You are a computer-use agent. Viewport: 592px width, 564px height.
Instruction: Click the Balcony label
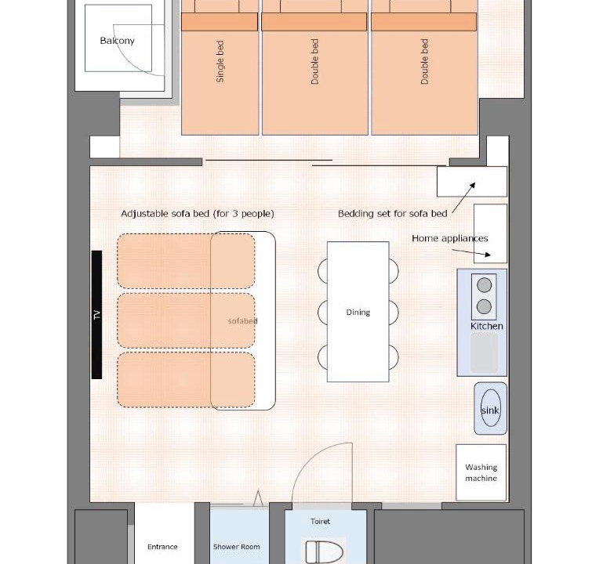(117, 41)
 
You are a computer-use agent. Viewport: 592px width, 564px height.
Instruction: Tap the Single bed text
(220, 62)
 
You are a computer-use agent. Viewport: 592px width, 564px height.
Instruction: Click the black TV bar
(96, 315)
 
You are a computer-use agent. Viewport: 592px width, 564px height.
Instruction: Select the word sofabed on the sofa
(243, 321)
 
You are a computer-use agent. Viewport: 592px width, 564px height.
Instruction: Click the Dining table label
(358, 313)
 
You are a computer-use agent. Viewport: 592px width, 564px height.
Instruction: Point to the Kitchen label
(487, 326)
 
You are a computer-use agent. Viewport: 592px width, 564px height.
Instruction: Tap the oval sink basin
(491, 408)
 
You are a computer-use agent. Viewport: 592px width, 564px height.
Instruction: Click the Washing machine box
(481, 472)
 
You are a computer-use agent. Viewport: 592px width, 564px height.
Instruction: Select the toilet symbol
(324, 551)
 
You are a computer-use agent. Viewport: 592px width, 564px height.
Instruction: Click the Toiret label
(320, 522)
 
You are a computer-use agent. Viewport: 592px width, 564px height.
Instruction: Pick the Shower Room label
(236, 547)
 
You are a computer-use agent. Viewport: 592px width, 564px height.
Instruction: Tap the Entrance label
(162, 547)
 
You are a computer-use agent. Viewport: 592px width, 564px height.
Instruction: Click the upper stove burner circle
(484, 285)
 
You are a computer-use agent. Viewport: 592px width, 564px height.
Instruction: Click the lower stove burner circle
(484, 307)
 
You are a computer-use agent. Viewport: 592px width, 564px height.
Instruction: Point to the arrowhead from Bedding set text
(473, 185)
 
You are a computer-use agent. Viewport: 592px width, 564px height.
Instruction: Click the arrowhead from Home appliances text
(488, 255)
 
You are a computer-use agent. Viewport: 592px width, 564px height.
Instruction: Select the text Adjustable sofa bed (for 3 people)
(198, 214)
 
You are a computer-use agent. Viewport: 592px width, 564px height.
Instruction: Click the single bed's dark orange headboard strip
(220, 22)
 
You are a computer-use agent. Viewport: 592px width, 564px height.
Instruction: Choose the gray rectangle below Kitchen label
(484, 352)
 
